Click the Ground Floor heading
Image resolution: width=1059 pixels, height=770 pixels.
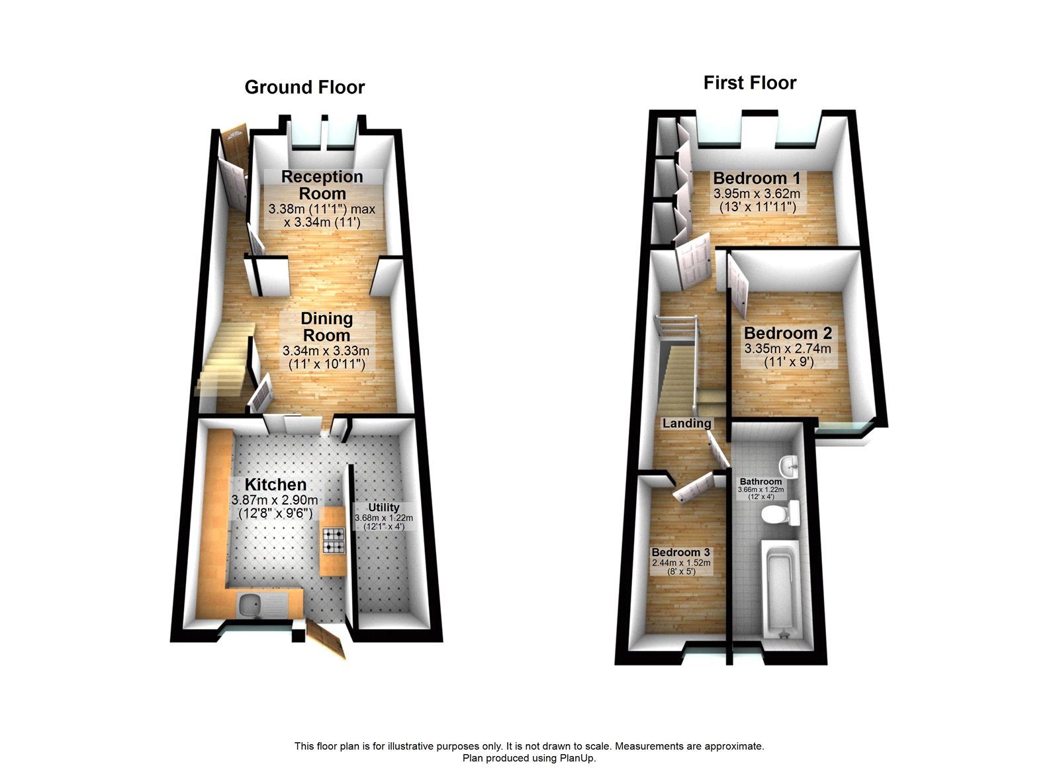pyautogui.click(x=304, y=87)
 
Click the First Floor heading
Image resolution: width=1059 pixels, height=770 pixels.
pyautogui.click(x=749, y=83)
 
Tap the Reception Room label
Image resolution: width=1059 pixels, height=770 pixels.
pyautogui.click(x=322, y=185)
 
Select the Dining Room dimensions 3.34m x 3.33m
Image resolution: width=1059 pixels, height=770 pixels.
pyautogui.click(x=326, y=351)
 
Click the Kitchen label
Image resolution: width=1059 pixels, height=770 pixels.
pyautogui.click(x=275, y=484)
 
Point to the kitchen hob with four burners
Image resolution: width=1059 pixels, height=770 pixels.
pyautogui.click(x=334, y=540)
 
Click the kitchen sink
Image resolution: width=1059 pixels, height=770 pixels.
pyautogui.click(x=250, y=605)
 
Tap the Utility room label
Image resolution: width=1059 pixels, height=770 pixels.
pyautogui.click(x=384, y=507)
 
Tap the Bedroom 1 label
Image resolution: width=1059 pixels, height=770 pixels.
pyautogui.click(x=757, y=178)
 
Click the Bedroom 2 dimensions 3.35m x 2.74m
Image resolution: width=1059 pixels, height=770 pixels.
pyautogui.click(x=788, y=349)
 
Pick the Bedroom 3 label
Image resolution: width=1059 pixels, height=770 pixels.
pyautogui.click(x=680, y=552)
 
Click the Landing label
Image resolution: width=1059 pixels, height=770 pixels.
pyautogui.click(x=686, y=423)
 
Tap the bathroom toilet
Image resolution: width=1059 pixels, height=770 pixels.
pyautogui.click(x=781, y=514)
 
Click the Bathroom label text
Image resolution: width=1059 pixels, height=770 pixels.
pyautogui.click(x=760, y=482)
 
